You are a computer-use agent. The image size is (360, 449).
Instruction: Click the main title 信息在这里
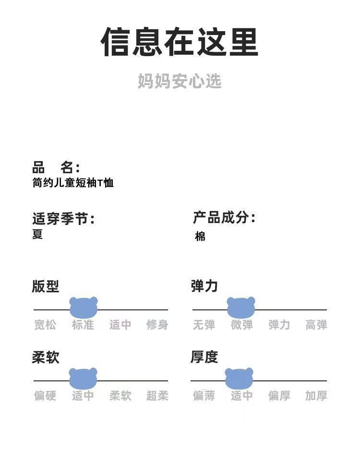click(x=180, y=42)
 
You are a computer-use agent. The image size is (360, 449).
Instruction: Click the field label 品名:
click(x=56, y=167)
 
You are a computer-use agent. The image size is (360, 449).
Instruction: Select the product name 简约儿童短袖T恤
click(x=73, y=183)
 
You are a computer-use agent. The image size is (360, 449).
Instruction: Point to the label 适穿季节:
click(x=63, y=219)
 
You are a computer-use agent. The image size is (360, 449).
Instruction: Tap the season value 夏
click(x=37, y=234)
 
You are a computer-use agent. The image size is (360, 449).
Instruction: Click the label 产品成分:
click(x=224, y=218)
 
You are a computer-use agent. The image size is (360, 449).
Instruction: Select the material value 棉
click(x=200, y=236)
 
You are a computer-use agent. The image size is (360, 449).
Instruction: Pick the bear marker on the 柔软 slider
click(x=83, y=378)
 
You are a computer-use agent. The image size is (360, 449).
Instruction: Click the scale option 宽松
click(x=45, y=325)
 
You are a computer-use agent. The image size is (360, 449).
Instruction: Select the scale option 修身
click(x=157, y=325)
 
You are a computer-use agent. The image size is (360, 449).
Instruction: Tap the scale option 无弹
click(x=204, y=325)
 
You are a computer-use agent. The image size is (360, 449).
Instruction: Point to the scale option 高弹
click(x=316, y=325)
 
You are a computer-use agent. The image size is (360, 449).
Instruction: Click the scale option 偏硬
click(x=45, y=396)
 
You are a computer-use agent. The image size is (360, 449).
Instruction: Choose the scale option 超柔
click(x=157, y=396)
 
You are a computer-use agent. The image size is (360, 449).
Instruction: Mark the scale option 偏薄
click(x=204, y=396)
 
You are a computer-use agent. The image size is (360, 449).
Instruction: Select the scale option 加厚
click(x=316, y=396)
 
